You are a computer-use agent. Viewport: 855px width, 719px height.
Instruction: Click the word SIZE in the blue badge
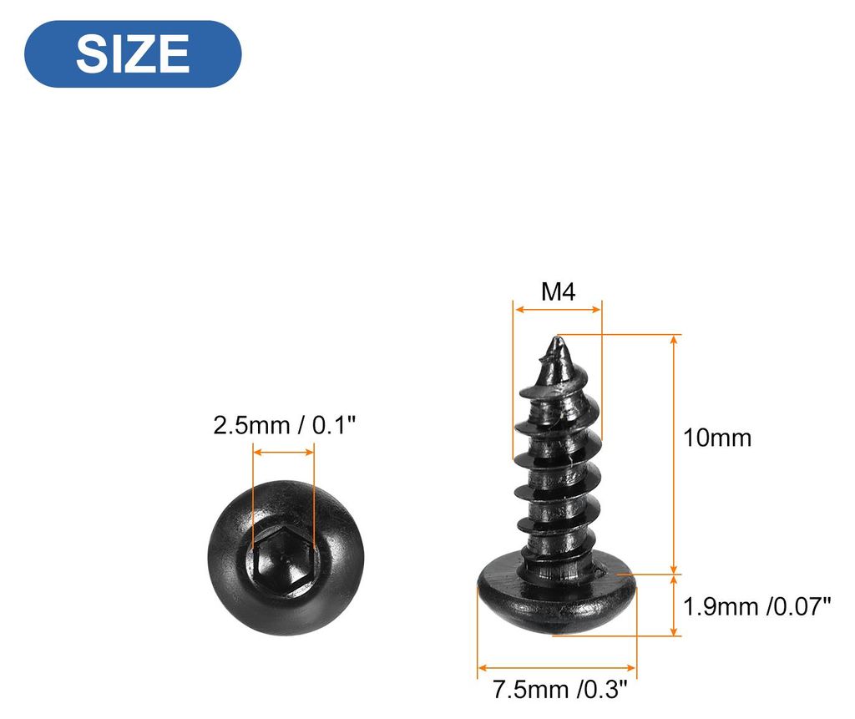coord(133,53)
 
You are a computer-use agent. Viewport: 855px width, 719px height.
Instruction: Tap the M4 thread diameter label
coord(558,291)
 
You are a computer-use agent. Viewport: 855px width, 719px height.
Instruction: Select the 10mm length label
coord(717,438)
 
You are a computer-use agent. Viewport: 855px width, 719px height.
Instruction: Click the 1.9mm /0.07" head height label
coord(756,606)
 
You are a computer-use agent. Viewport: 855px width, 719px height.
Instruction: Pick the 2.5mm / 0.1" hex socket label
coord(284,426)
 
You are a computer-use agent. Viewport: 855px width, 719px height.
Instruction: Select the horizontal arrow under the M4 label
coord(558,310)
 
